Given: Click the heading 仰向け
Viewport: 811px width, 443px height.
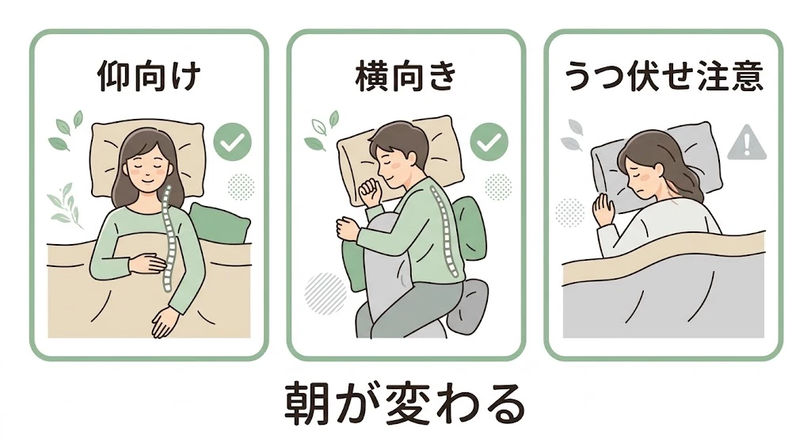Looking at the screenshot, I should click(149, 78).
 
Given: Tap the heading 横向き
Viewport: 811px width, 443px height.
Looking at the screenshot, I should click(405, 78).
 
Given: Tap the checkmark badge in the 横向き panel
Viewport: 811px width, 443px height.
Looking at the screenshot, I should click(489, 143).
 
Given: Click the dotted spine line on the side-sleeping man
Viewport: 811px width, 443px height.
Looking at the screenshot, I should click(438, 230).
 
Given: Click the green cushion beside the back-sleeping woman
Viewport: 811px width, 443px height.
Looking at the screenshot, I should click(219, 222).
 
